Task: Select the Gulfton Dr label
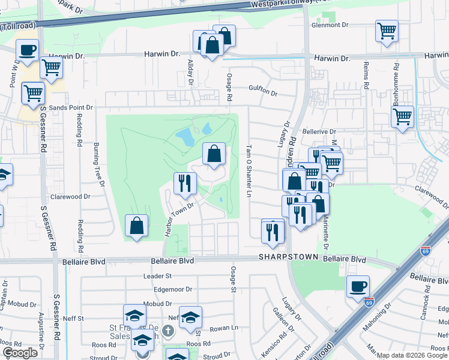coord(264,93)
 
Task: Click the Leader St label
coord(158,276)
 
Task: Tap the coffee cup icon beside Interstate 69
coord(358,286)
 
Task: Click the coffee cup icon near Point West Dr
coord(27,50)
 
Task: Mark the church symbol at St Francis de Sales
coord(170,330)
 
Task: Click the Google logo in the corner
coord(20,353)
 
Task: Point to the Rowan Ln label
coord(228,328)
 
